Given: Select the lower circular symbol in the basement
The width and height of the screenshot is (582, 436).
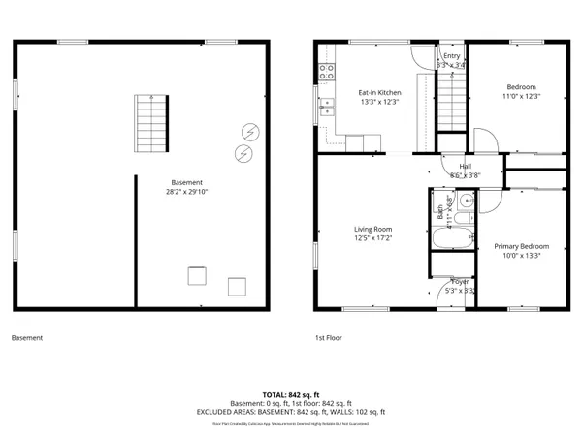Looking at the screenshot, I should tap(242, 153).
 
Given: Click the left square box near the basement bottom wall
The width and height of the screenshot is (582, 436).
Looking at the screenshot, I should tap(197, 277).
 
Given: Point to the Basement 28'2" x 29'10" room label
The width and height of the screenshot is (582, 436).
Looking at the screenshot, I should tap(186, 187).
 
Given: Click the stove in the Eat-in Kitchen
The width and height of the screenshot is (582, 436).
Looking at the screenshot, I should tap(327, 71).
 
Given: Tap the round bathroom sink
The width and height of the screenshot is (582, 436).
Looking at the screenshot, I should tap(466, 202).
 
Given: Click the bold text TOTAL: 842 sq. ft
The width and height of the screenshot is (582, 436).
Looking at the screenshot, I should tap(290, 395).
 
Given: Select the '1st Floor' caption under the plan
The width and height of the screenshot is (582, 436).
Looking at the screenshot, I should tap(328, 338).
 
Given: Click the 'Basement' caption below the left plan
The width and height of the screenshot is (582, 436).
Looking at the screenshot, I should tap(26, 338).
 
